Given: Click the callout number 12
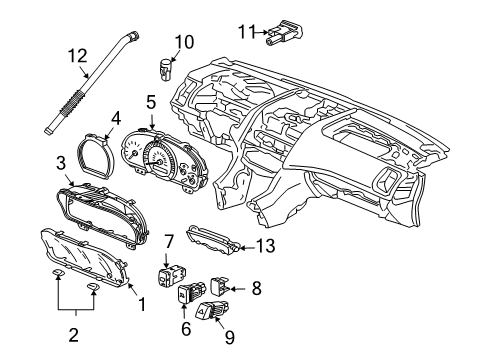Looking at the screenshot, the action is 78,56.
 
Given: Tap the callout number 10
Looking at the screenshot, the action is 184,42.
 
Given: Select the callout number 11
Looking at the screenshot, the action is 247,32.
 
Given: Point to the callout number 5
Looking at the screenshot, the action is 151,102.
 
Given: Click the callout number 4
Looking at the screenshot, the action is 115,119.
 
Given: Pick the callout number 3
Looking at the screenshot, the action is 61,164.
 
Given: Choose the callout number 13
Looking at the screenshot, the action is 266,246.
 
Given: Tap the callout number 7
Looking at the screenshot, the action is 169,242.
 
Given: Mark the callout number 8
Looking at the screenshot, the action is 256,288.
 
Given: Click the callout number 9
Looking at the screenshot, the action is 229,337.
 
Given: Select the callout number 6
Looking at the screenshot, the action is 186,329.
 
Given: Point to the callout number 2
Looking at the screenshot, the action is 73,334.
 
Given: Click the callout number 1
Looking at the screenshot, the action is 142,304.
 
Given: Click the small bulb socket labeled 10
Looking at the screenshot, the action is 165,69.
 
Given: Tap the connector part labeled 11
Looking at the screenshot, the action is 284,32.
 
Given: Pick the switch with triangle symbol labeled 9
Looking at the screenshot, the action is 212,310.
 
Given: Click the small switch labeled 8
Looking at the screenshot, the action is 220,286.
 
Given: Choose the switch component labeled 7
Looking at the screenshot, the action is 171,275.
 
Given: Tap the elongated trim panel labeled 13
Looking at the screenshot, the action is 213,239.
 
